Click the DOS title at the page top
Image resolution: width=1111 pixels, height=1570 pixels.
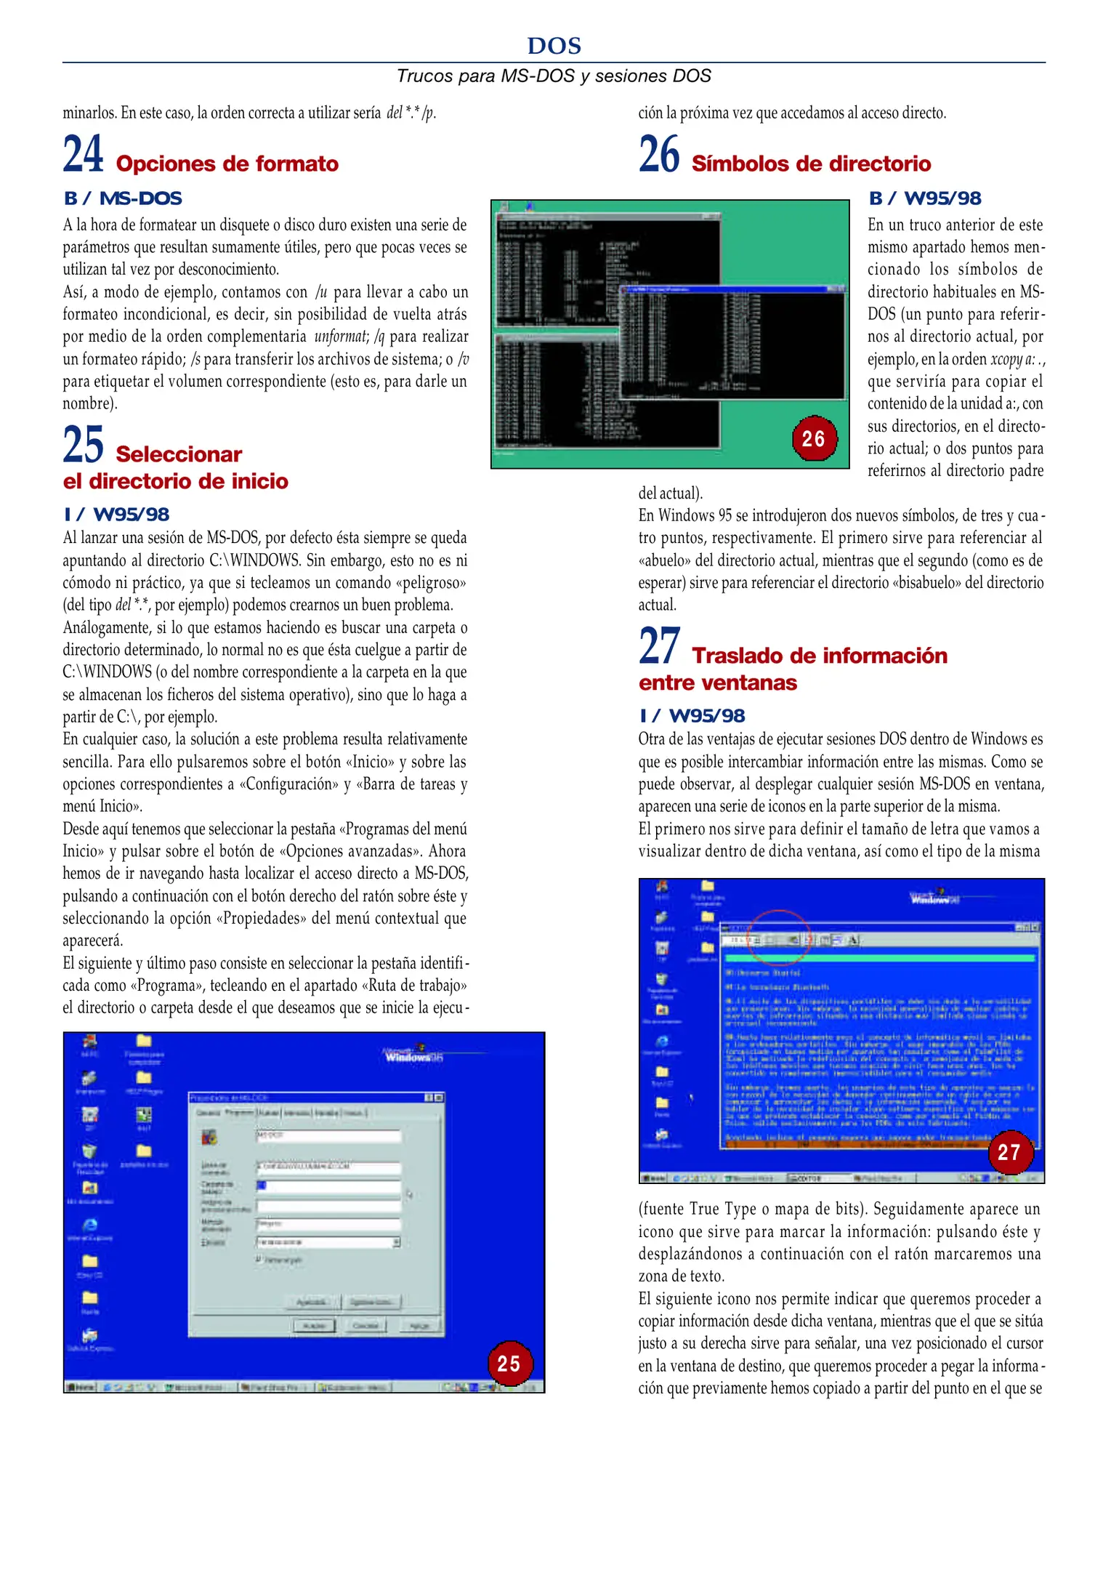554,46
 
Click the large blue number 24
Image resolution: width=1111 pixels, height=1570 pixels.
83,154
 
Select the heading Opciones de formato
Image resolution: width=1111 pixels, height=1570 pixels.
227,164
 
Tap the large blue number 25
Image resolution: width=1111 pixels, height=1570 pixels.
83,445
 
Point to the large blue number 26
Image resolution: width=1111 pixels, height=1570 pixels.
659,154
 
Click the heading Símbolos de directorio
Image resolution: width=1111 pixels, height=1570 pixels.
810,164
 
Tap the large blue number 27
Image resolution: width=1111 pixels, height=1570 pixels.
659,646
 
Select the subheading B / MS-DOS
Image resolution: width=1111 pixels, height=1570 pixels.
123,198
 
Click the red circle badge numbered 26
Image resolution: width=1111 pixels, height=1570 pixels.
813,438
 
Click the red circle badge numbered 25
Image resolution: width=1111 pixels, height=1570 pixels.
509,1363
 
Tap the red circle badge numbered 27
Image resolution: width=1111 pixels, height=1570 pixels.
1009,1151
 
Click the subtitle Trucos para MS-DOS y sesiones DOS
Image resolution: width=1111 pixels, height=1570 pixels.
554,76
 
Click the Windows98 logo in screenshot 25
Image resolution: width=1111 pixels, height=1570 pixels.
415,1055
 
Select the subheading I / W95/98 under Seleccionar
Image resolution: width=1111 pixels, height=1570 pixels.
116,515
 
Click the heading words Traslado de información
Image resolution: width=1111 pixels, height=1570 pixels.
819,656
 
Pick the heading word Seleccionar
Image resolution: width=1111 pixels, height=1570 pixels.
179,454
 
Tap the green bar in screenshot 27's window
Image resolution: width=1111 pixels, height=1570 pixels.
879,959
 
